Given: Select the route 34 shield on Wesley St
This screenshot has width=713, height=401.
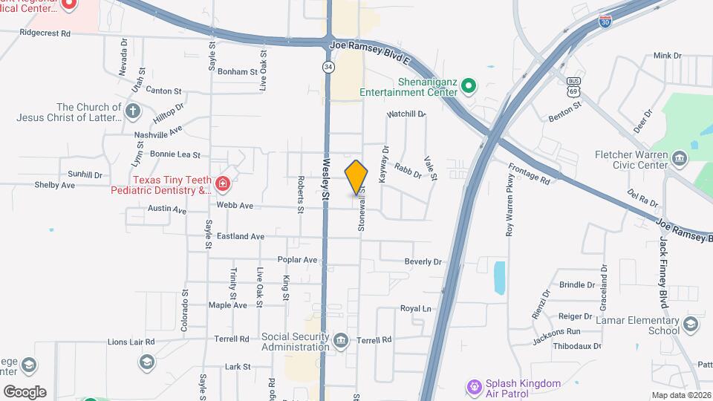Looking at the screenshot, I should click(328, 67).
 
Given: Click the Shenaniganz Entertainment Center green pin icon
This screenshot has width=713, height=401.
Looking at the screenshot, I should click(468, 86).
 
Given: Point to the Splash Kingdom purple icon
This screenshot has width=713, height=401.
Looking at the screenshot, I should click(472, 387).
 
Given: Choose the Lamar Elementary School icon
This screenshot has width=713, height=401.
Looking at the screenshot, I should click(691, 325).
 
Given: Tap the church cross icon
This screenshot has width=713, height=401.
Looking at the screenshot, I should click(133, 112).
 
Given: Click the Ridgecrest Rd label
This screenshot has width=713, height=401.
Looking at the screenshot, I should click(45, 33).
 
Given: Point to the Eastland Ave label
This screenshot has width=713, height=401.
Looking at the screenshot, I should click(241, 237).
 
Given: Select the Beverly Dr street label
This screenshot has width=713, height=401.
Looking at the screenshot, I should click(423, 262).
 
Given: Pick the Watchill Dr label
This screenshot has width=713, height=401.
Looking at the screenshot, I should click(406, 114).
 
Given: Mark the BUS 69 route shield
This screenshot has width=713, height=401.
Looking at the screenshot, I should click(573, 84).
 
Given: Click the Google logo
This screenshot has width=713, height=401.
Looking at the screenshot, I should click(25, 391).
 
